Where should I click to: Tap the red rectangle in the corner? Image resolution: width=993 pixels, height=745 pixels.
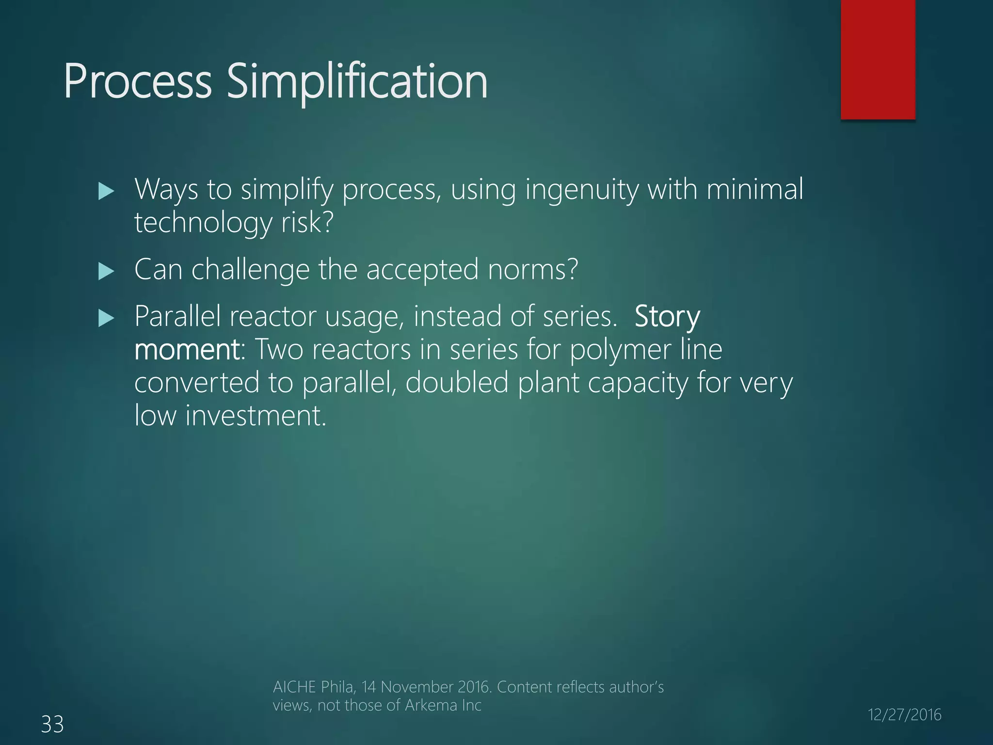click(x=878, y=59)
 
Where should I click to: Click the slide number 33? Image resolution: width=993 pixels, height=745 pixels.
click(x=52, y=725)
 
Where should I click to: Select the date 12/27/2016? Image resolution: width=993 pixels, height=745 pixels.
click(x=904, y=715)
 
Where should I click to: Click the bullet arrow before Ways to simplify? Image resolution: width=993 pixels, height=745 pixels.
click(x=106, y=191)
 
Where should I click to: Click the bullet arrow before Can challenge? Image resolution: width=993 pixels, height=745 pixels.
click(x=106, y=271)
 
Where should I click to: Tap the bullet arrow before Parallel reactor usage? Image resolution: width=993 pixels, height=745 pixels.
click(x=106, y=318)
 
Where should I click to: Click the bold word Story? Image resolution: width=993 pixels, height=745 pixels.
click(x=667, y=317)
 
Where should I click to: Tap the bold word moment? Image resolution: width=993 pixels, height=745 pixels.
click(x=186, y=350)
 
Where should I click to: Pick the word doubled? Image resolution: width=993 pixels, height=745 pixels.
click(x=457, y=383)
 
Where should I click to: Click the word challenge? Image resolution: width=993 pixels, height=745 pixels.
click(x=250, y=270)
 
